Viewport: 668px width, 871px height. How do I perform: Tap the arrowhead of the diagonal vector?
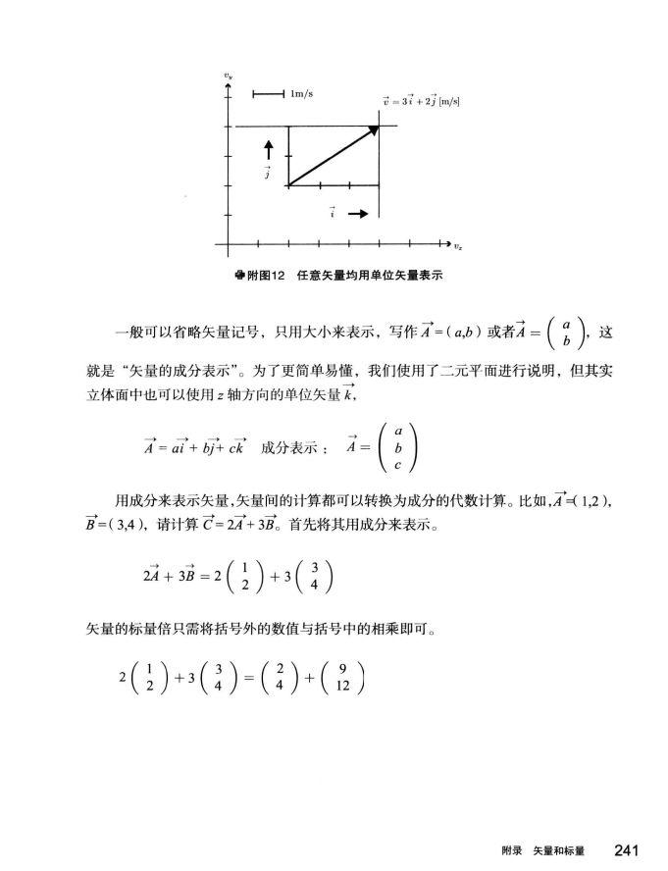[374, 129]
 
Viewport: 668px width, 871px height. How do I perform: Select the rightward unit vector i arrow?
[358, 214]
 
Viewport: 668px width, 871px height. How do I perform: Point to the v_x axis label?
[458, 245]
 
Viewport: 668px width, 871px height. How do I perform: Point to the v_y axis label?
[228, 75]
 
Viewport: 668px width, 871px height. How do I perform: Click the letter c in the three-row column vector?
[397, 464]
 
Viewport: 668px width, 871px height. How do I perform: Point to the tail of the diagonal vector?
[288, 184]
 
